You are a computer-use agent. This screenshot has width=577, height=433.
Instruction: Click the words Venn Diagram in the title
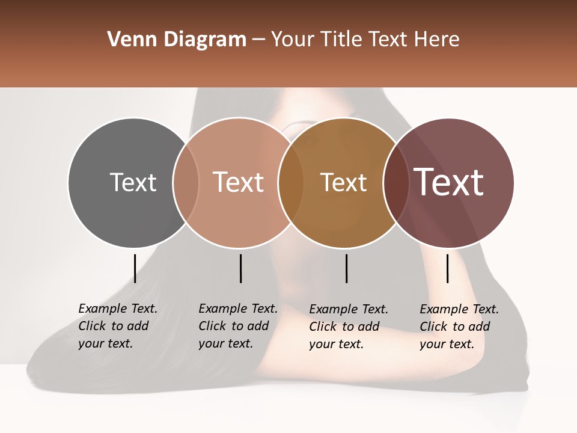(x=177, y=40)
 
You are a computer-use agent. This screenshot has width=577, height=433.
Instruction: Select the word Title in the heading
(x=342, y=40)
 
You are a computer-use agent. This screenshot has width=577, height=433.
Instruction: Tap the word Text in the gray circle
(x=133, y=182)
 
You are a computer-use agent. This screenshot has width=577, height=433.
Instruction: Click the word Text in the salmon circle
(x=238, y=182)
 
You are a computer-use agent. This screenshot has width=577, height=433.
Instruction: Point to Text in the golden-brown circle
(x=343, y=182)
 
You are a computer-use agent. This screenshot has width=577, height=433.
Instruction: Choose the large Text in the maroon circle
(x=449, y=182)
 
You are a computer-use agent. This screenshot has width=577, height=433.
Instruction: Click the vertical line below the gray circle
(x=135, y=268)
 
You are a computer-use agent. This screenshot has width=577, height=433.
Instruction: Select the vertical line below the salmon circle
(x=240, y=268)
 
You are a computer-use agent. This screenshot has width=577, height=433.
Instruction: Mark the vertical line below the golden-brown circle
(x=346, y=268)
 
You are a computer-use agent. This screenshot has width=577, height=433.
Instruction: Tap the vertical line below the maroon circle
(x=447, y=268)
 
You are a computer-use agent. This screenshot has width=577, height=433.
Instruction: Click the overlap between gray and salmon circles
(x=186, y=182)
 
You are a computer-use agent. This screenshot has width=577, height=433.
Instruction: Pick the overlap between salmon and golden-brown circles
(x=291, y=182)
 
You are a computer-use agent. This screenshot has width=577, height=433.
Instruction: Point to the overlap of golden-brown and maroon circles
(x=395, y=182)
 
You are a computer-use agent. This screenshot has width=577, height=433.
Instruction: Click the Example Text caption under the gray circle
(x=118, y=326)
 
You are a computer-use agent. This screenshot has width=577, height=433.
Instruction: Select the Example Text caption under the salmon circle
(x=238, y=326)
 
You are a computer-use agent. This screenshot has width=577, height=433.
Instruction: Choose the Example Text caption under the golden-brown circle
(x=349, y=327)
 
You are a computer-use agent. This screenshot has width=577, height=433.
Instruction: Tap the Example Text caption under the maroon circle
(x=459, y=327)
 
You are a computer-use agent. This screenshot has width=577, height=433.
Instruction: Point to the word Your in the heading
(x=293, y=40)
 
